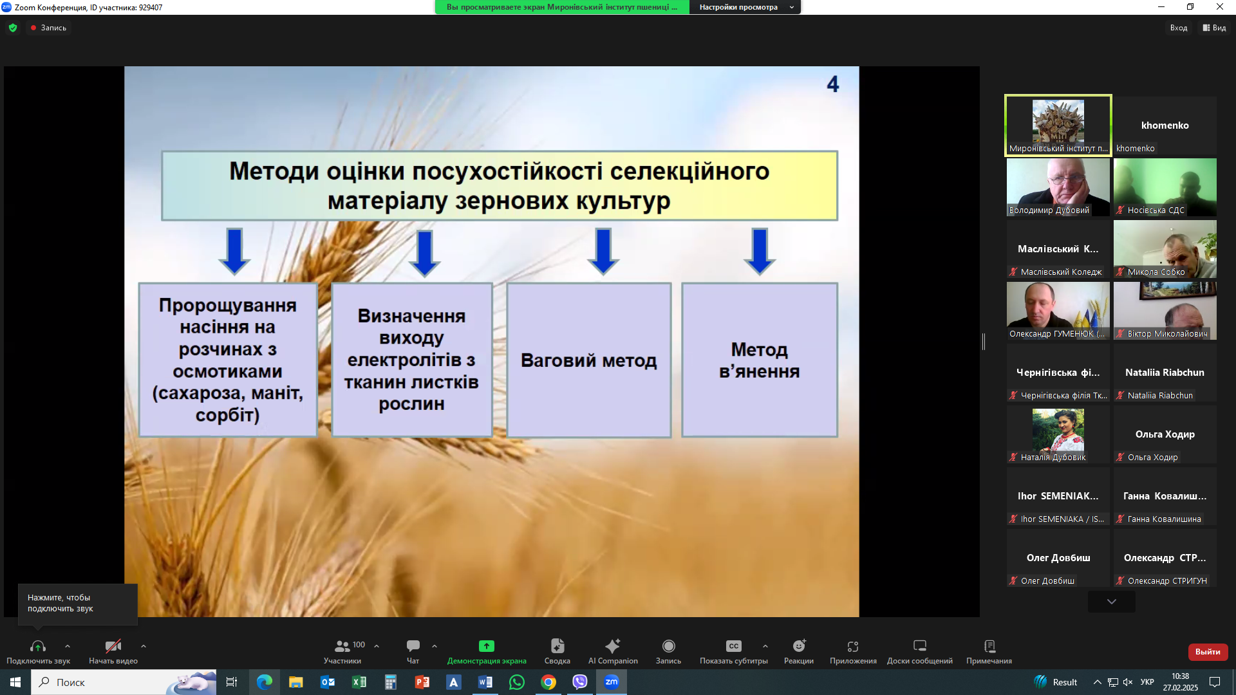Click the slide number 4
click(833, 84)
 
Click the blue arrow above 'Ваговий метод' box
click(603, 252)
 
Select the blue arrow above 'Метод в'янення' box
click(760, 252)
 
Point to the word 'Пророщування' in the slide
click(228, 305)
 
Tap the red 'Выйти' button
click(1208, 652)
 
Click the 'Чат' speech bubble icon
click(413, 645)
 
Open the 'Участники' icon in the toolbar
click(342, 645)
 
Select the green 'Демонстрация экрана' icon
click(487, 645)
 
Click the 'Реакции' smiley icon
click(799, 645)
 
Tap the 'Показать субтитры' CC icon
click(734, 645)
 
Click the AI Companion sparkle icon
click(613, 645)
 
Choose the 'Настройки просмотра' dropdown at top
click(745, 7)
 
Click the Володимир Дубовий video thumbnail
click(1058, 187)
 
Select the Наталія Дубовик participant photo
click(1058, 430)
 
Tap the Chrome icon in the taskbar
click(548, 682)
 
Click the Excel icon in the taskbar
click(359, 682)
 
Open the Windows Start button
click(15, 682)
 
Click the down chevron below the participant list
click(1112, 602)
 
